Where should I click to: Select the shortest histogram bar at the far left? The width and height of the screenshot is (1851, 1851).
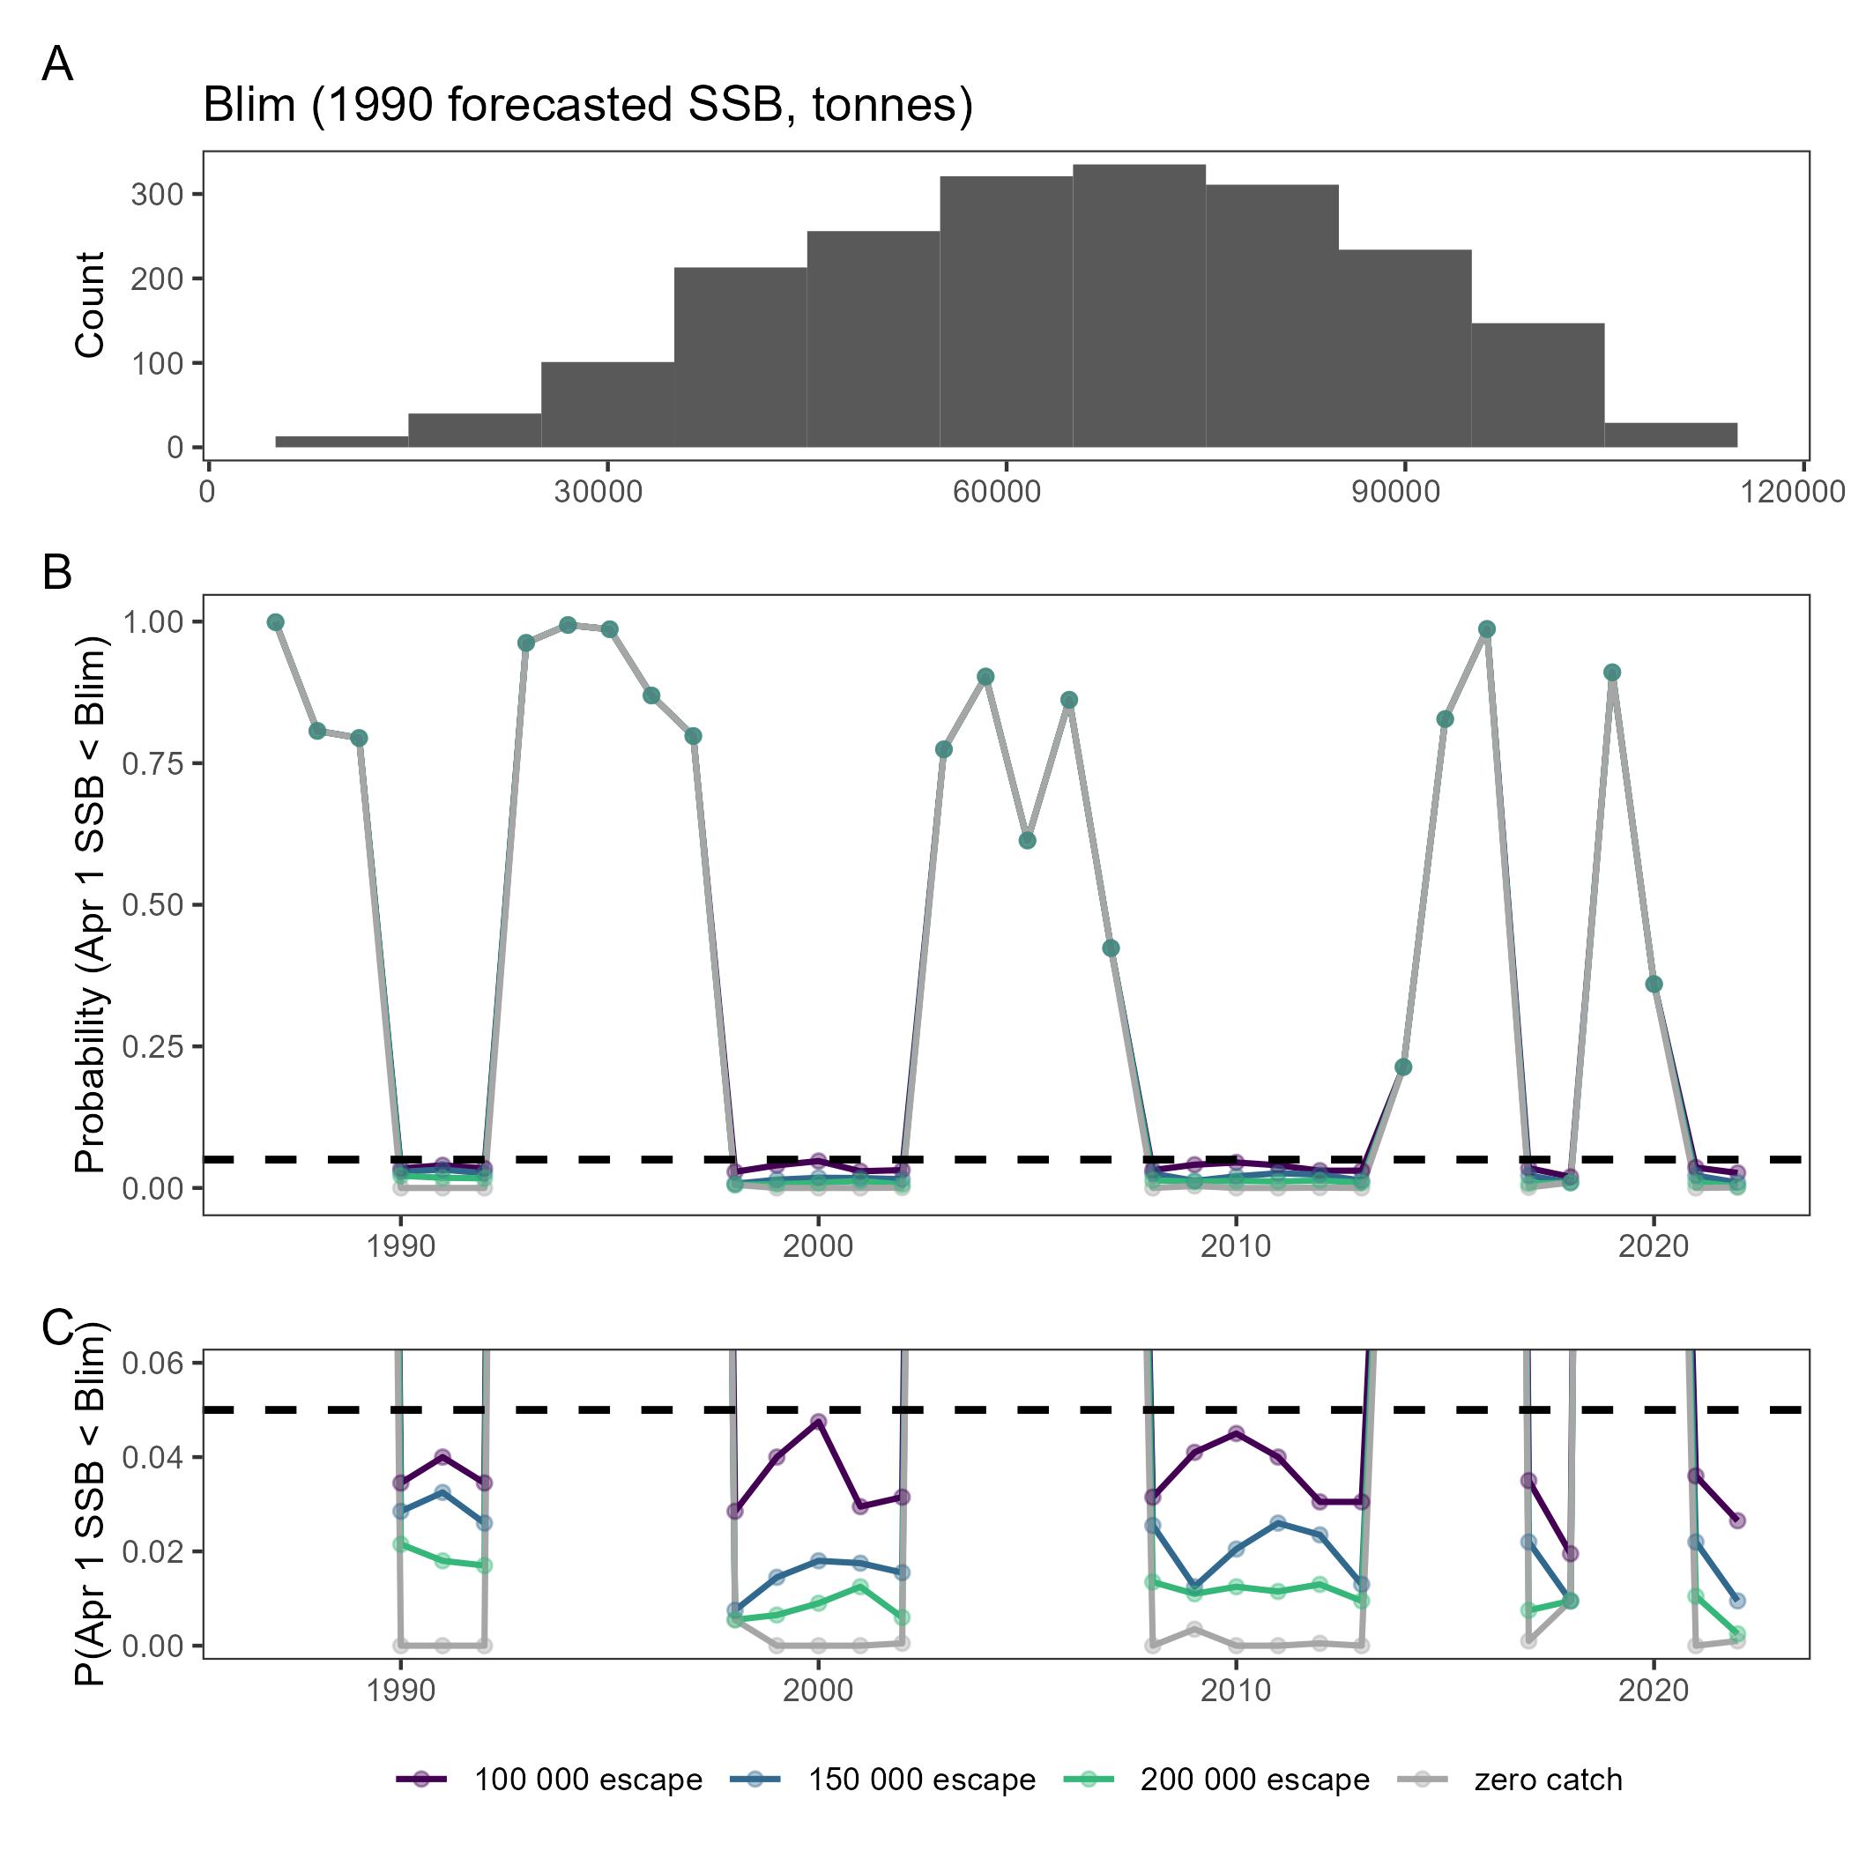click(x=341, y=442)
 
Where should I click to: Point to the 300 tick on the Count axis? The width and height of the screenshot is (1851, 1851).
click(x=157, y=195)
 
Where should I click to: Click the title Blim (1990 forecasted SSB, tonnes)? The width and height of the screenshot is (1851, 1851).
click(x=587, y=104)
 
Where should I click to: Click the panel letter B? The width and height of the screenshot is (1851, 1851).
click(x=56, y=572)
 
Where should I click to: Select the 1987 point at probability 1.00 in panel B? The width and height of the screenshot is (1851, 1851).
click(x=276, y=621)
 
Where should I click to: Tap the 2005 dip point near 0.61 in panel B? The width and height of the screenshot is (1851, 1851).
click(x=1027, y=840)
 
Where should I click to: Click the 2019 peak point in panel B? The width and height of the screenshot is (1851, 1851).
click(x=1611, y=673)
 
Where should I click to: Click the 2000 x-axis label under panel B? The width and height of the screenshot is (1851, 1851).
click(x=817, y=1245)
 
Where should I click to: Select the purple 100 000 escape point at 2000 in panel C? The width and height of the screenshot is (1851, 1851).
click(x=818, y=1422)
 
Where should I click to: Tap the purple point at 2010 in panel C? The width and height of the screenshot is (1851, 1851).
click(x=1236, y=1433)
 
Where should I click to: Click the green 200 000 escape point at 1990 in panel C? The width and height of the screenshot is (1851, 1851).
click(x=400, y=1544)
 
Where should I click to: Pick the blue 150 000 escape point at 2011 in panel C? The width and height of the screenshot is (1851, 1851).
click(x=1277, y=1522)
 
